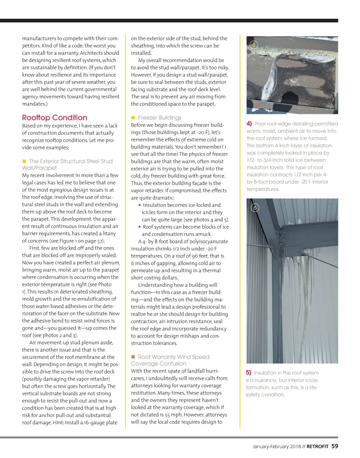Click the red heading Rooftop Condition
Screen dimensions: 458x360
pos(55,118)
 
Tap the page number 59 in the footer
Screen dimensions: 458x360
pos(334,446)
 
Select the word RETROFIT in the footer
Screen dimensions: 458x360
pos(317,446)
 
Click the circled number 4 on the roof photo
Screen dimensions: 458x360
pos(254,45)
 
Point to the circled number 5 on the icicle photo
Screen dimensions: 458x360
pos(255,208)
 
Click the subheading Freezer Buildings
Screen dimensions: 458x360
pos(160,118)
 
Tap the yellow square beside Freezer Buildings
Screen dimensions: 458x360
pos(133,118)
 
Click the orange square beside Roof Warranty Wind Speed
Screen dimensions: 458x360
pos(133,357)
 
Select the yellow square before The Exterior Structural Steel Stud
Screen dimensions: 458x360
pos(24,161)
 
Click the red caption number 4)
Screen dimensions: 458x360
pos(249,124)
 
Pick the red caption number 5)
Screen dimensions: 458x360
pos(248,373)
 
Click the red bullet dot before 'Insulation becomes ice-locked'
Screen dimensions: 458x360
pos(139,205)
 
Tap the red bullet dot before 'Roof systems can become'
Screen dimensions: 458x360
pos(139,227)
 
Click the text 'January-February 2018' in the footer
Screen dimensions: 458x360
pos(277,446)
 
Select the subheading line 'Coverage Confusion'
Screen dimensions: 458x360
pos(158,364)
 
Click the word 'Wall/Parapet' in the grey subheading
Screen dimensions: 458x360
pos(39,168)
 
